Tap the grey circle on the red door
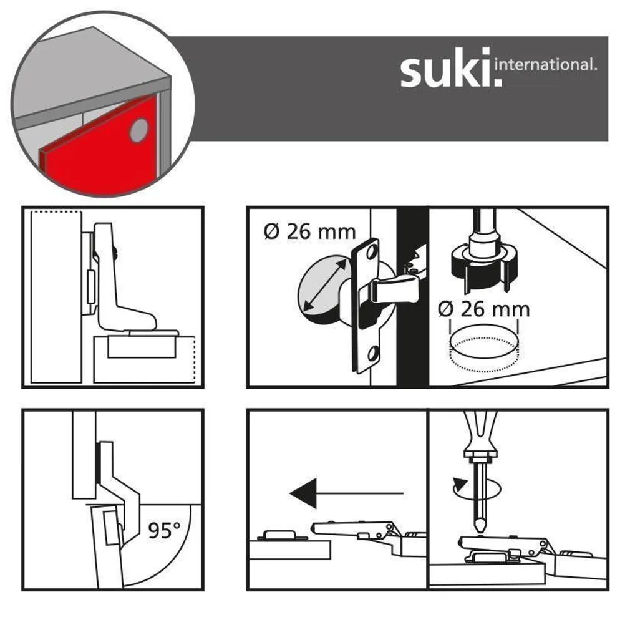click(x=139, y=130)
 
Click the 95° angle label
click(x=164, y=530)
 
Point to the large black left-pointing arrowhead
click(x=303, y=493)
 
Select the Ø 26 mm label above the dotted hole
click(x=484, y=309)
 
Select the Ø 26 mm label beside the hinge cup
click(x=310, y=232)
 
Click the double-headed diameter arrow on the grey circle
click(x=324, y=285)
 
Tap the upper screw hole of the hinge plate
click(x=372, y=253)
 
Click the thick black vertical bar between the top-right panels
click(x=412, y=298)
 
